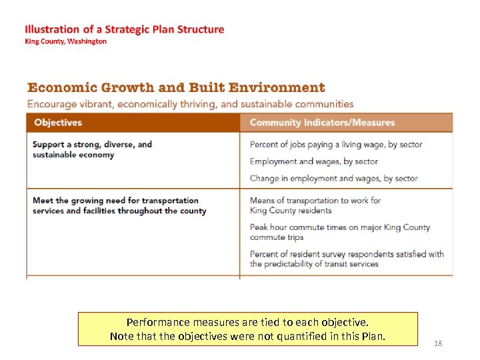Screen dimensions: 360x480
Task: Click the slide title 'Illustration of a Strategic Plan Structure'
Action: coord(124,29)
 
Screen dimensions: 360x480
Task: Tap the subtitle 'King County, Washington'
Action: coord(65,41)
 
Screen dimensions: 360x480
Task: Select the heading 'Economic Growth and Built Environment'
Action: coord(176,87)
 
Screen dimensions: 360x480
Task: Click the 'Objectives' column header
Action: coord(58,123)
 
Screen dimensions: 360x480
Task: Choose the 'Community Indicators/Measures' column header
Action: coord(322,123)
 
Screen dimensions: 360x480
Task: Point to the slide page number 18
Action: coord(438,343)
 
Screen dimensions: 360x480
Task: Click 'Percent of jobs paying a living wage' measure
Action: coord(336,145)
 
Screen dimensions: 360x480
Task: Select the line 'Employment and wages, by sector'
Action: coord(313,161)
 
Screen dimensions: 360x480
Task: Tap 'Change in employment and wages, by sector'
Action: coord(333,178)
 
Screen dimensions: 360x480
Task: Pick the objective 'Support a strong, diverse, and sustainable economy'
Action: coord(92,149)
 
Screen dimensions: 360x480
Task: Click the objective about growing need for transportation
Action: coord(119,205)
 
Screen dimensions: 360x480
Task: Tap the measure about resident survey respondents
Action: coord(346,259)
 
